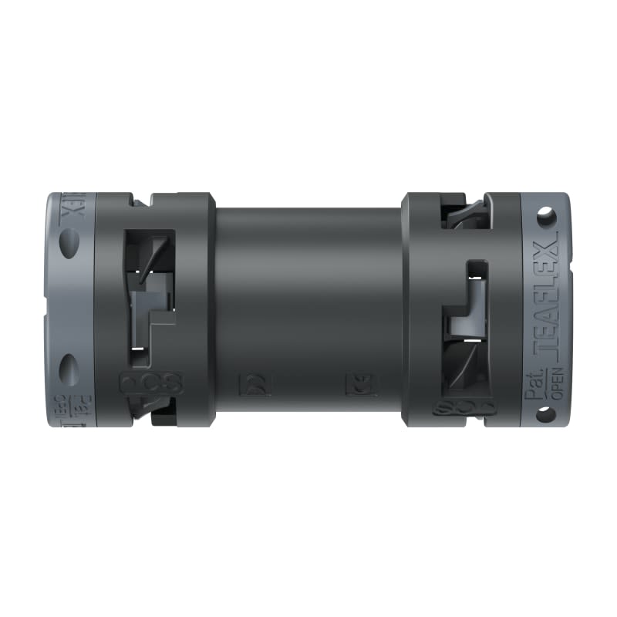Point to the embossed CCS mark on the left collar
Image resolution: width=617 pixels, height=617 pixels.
150,383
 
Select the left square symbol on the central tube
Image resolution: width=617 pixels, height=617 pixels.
253,383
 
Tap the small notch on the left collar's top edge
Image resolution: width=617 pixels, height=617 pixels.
139,201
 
